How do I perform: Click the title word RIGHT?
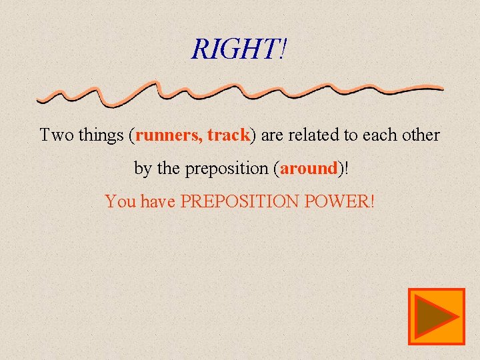pos(240,49)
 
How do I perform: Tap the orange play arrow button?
pos(437,317)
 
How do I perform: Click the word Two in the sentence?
pos(56,135)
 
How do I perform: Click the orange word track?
pos(228,135)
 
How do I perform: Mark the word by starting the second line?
pos(143,169)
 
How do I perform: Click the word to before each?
pos(352,135)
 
